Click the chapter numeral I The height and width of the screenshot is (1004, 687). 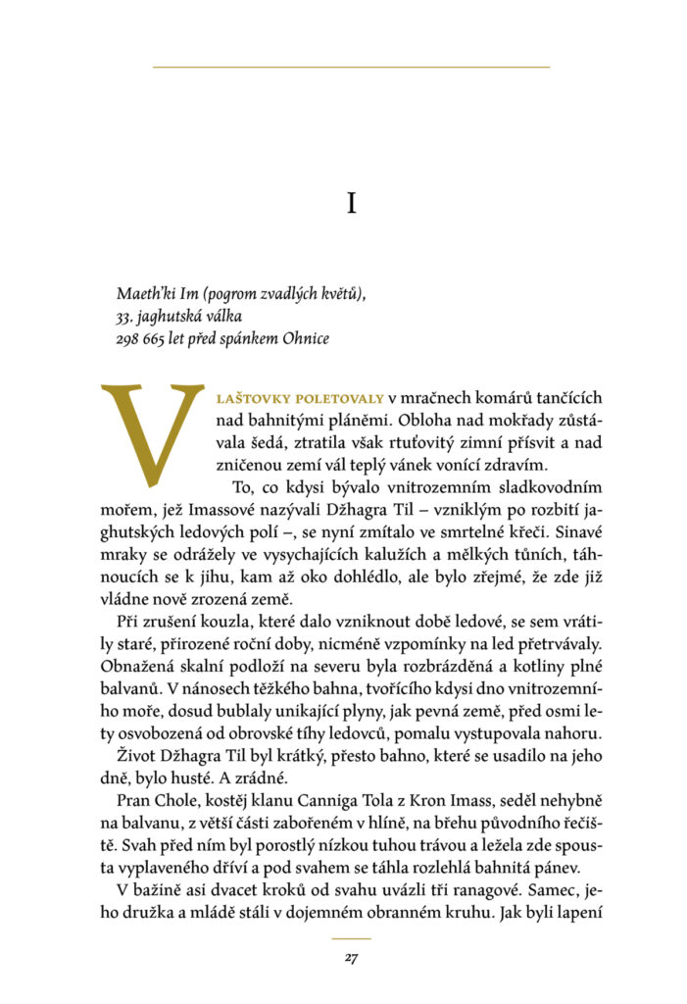(x=351, y=203)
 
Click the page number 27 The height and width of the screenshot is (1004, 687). (x=351, y=958)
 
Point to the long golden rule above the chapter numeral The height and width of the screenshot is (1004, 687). (x=351, y=67)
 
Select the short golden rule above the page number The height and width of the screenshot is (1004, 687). (x=351, y=939)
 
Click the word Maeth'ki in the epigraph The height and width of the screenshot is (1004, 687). (x=143, y=293)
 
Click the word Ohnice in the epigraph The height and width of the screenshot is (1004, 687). (x=307, y=339)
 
